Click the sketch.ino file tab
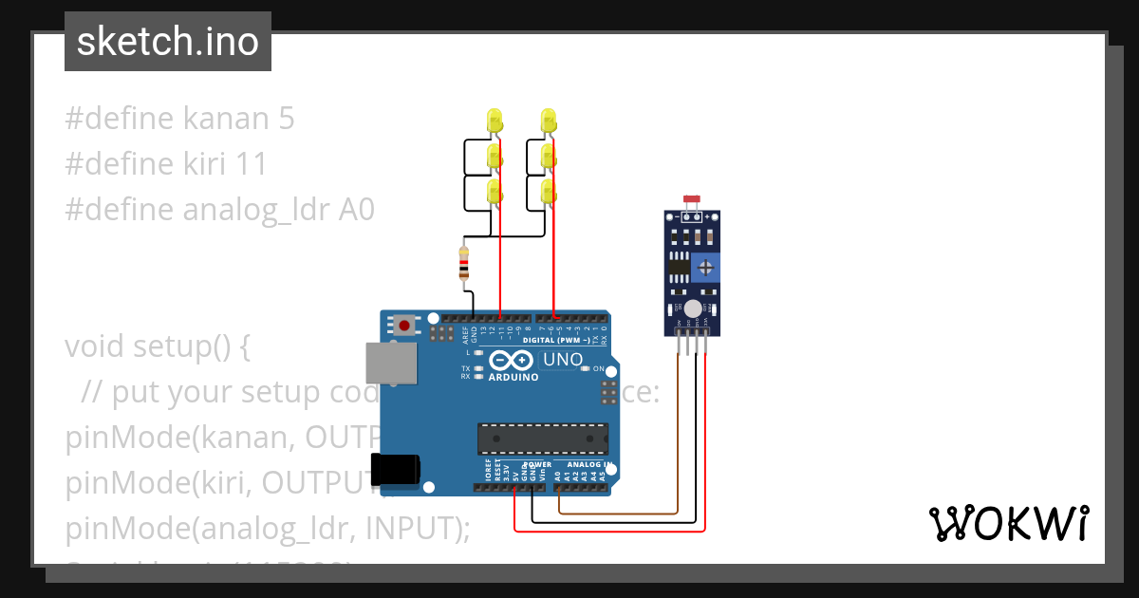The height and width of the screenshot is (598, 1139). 168,42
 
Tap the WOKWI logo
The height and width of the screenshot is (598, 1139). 1008,523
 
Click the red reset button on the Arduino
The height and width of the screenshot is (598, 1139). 405,326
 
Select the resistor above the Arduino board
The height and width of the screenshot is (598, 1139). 463,265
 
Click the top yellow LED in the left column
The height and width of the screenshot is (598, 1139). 495,121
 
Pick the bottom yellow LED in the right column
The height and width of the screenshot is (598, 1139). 548,192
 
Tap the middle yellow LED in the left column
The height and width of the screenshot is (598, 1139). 495,157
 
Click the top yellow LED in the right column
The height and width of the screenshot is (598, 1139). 548,121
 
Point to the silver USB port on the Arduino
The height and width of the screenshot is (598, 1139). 391,364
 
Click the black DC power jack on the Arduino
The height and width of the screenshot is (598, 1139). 395,471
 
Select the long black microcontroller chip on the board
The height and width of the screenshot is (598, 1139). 542,439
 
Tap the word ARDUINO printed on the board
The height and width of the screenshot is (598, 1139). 513,377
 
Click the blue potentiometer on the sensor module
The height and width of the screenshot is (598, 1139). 704,267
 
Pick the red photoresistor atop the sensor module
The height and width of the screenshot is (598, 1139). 692,201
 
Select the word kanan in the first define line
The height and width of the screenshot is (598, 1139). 222,119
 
